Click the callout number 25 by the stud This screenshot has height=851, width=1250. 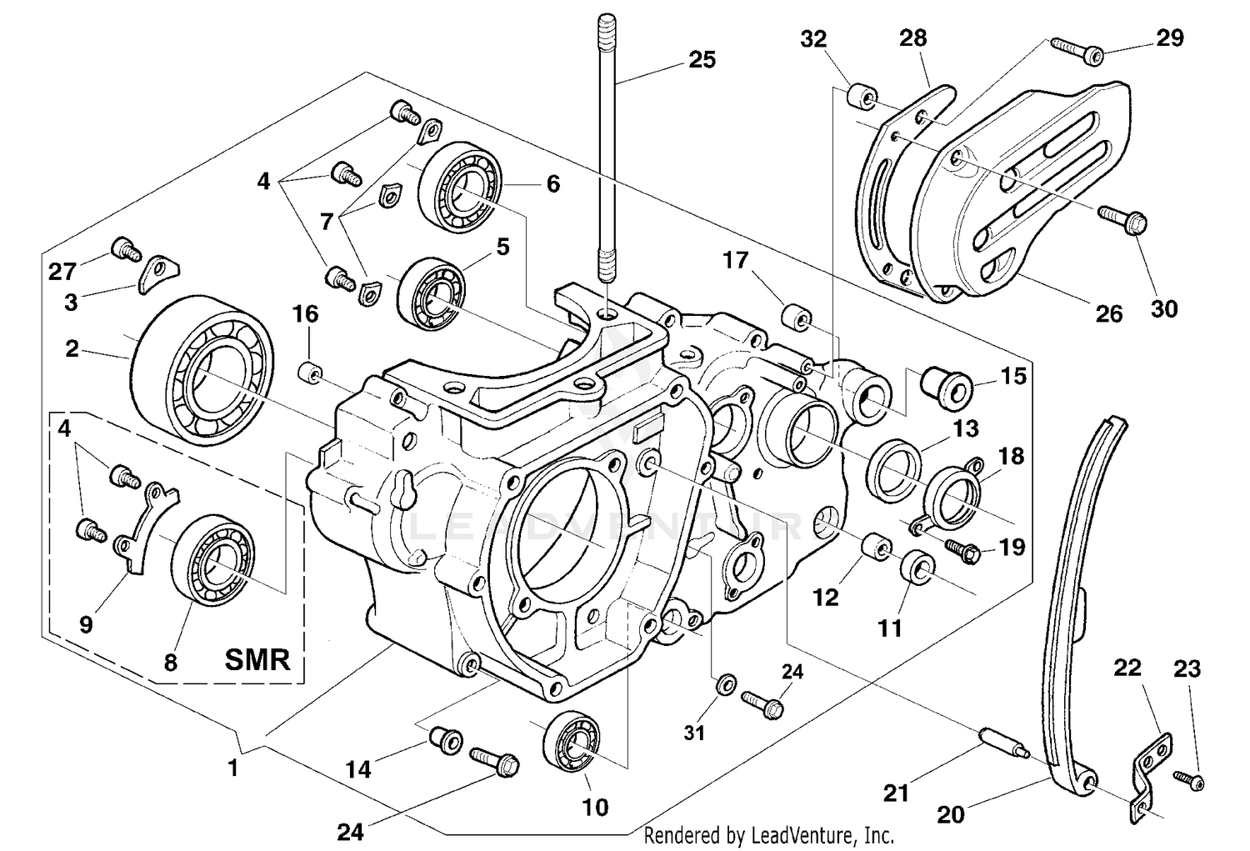702,60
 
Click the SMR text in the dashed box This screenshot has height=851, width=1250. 257,660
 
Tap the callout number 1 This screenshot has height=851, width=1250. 233,768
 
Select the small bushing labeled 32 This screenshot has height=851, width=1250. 861,97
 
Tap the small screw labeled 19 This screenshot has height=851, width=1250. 962,549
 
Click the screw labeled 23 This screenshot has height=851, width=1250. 1190,779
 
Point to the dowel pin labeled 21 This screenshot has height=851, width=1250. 999,743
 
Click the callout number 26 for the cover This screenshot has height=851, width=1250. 1108,314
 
